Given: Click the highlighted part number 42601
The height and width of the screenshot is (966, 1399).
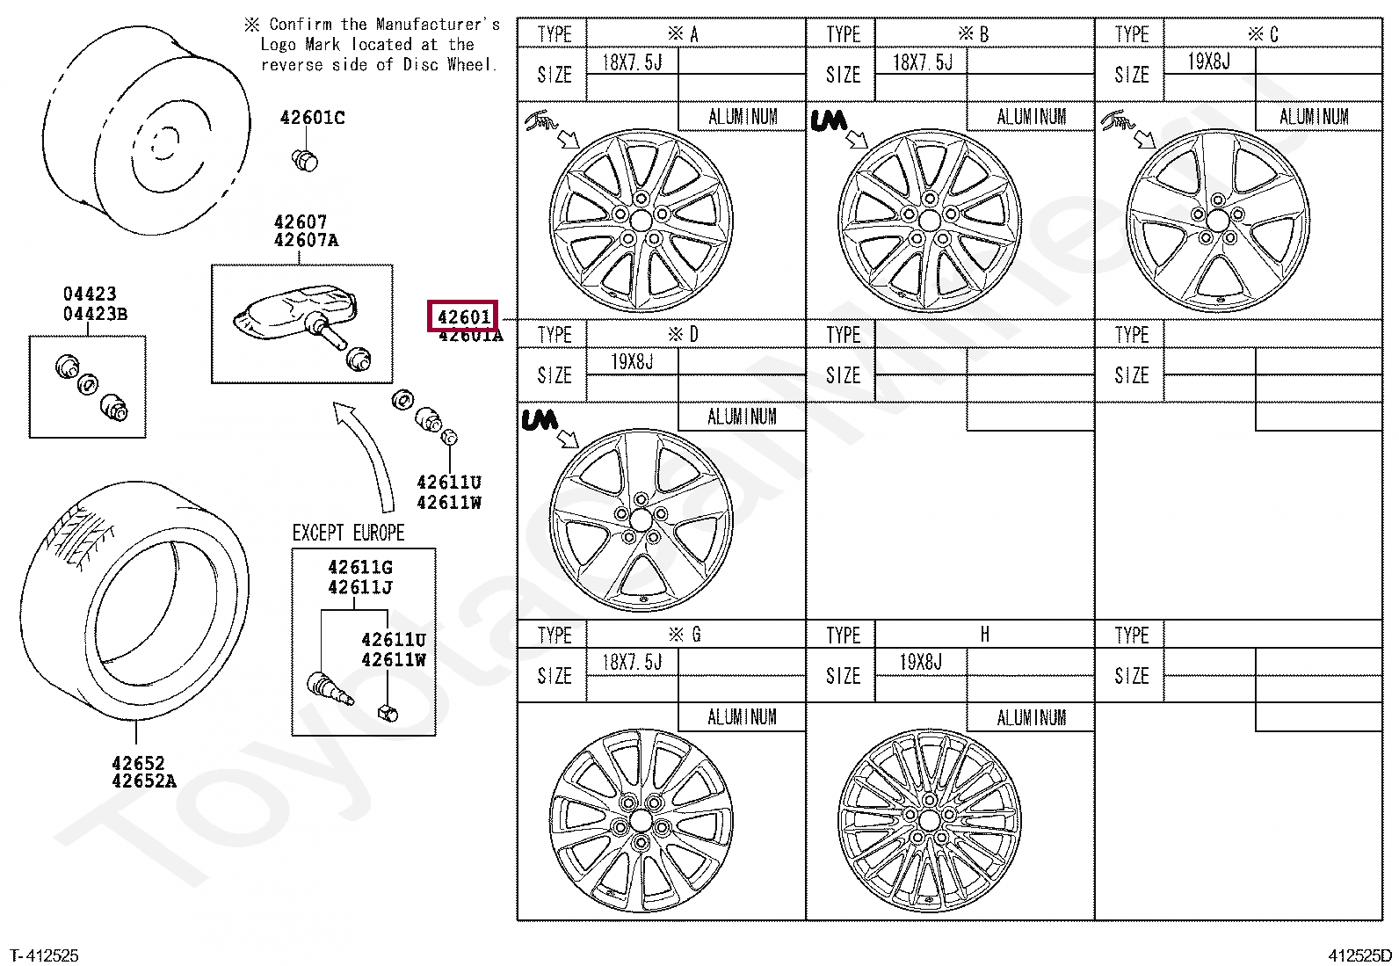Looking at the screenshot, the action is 463,316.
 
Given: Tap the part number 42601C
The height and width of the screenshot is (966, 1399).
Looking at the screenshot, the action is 312,118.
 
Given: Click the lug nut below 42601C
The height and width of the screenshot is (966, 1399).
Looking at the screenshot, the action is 304,160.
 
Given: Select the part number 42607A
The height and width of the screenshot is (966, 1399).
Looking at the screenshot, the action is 306,240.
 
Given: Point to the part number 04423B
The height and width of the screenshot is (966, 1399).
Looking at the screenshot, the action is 95,314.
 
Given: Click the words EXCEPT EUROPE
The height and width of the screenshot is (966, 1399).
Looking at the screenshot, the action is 348,533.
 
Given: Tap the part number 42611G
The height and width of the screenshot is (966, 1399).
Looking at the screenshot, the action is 360,567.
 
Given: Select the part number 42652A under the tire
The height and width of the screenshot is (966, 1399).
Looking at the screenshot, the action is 144,781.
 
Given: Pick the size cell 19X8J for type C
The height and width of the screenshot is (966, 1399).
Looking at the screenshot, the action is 1209,62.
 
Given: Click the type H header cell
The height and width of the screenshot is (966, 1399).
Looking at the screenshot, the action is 984,635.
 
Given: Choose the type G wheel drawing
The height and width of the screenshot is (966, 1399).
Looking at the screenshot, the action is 641,822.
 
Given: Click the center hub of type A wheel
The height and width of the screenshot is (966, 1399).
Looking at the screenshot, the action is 641,220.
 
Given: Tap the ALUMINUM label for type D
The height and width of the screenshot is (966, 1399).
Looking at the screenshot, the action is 742,417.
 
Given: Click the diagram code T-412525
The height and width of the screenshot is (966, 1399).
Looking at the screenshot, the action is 44,955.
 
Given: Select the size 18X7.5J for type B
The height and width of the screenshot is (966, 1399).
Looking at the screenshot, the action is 922,62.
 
